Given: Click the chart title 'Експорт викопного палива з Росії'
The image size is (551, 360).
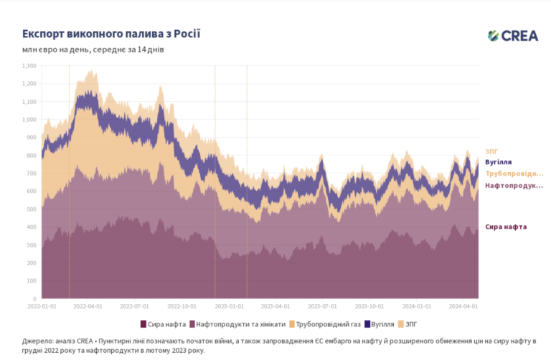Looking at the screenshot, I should point(110,34).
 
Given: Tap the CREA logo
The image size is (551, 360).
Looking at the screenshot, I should point(512,36).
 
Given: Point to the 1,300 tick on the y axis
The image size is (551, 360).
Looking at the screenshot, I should point(29,65).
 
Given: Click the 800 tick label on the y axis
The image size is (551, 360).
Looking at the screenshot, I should point(32,155).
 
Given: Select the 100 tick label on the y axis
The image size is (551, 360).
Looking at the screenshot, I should point(32,280).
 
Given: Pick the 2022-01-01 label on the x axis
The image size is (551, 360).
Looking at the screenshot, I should point(42,305).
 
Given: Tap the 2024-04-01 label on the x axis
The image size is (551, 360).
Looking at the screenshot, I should point(463,305).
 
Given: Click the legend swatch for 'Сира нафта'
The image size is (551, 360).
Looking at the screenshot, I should point(143,323).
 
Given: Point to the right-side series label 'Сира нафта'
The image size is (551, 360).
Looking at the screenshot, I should point(506,227).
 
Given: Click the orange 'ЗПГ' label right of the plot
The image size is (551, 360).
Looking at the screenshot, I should point(491,151).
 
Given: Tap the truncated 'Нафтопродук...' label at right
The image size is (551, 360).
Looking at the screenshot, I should point(514,186).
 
